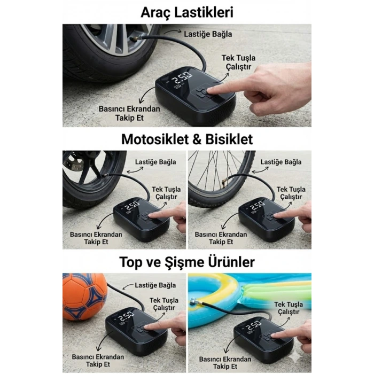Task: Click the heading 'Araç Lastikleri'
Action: pos(187,12)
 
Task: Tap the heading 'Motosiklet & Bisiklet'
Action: pos(187,139)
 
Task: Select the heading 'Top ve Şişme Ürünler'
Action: pos(187,262)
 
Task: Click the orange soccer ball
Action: pos(84,297)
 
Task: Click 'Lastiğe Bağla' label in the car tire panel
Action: pos(208,34)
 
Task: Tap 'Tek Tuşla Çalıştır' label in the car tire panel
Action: pos(238,63)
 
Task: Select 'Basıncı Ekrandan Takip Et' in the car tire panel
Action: pos(129,113)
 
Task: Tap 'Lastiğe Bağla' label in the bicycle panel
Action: pos(280,162)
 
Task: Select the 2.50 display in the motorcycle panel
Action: pos(133,205)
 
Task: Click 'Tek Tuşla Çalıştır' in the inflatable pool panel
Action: pos(289,308)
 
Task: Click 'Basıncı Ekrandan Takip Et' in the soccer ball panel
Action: pos(98,361)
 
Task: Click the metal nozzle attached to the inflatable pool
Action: pos(194,303)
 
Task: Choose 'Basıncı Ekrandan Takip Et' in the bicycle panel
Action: pos(221,238)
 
